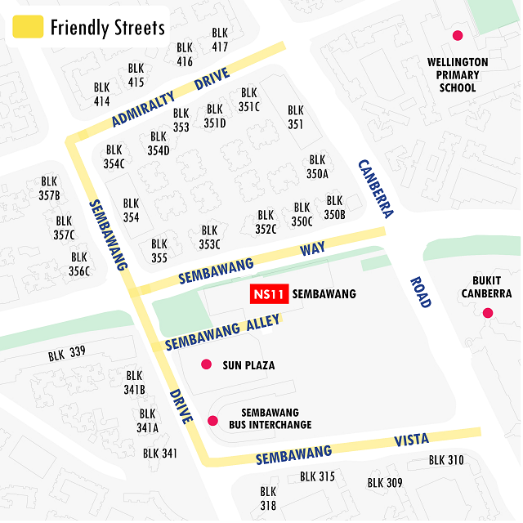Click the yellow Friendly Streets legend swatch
click(x=26, y=26)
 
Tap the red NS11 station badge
click(x=270, y=294)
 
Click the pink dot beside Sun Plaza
click(x=206, y=364)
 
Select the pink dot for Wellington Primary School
click(x=458, y=35)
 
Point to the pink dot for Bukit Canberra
click(x=488, y=313)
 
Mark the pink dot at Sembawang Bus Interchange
click(x=213, y=421)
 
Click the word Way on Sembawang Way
click(x=312, y=249)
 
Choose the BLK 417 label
click(x=220, y=39)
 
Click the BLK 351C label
click(x=249, y=100)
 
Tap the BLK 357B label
click(x=50, y=188)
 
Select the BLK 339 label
click(x=66, y=354)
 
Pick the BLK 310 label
click(x=446, y=460)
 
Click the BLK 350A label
click(x=317, y=167)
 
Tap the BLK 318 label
click(x=269, y=498)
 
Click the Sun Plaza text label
click(x=248, y=365)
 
